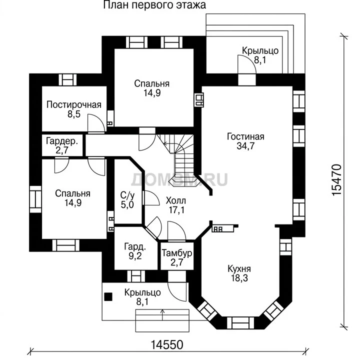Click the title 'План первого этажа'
click(x=154, y=5)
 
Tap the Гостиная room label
click(x=245, y=136)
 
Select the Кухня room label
click(x=239, y=268)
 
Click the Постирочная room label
click(x=74, y=104)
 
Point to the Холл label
click(x=176, y=201)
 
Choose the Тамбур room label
click(x=177, y=253)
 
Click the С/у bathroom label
click(x=127, y=195)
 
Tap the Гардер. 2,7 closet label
click(x=62, y=145)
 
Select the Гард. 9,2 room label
click(x=135, y=251)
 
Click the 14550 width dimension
click(x=167, y=345)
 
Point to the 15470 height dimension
click(x=337, y=180)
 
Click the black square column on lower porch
click(x=108, y=296)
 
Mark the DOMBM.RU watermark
click(x=179, y=180)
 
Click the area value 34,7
click(x=245, y=146)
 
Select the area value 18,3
click(x=239, y=278)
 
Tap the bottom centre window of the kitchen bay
click(x=240, y=323)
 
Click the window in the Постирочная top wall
click(x=67, y=79)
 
